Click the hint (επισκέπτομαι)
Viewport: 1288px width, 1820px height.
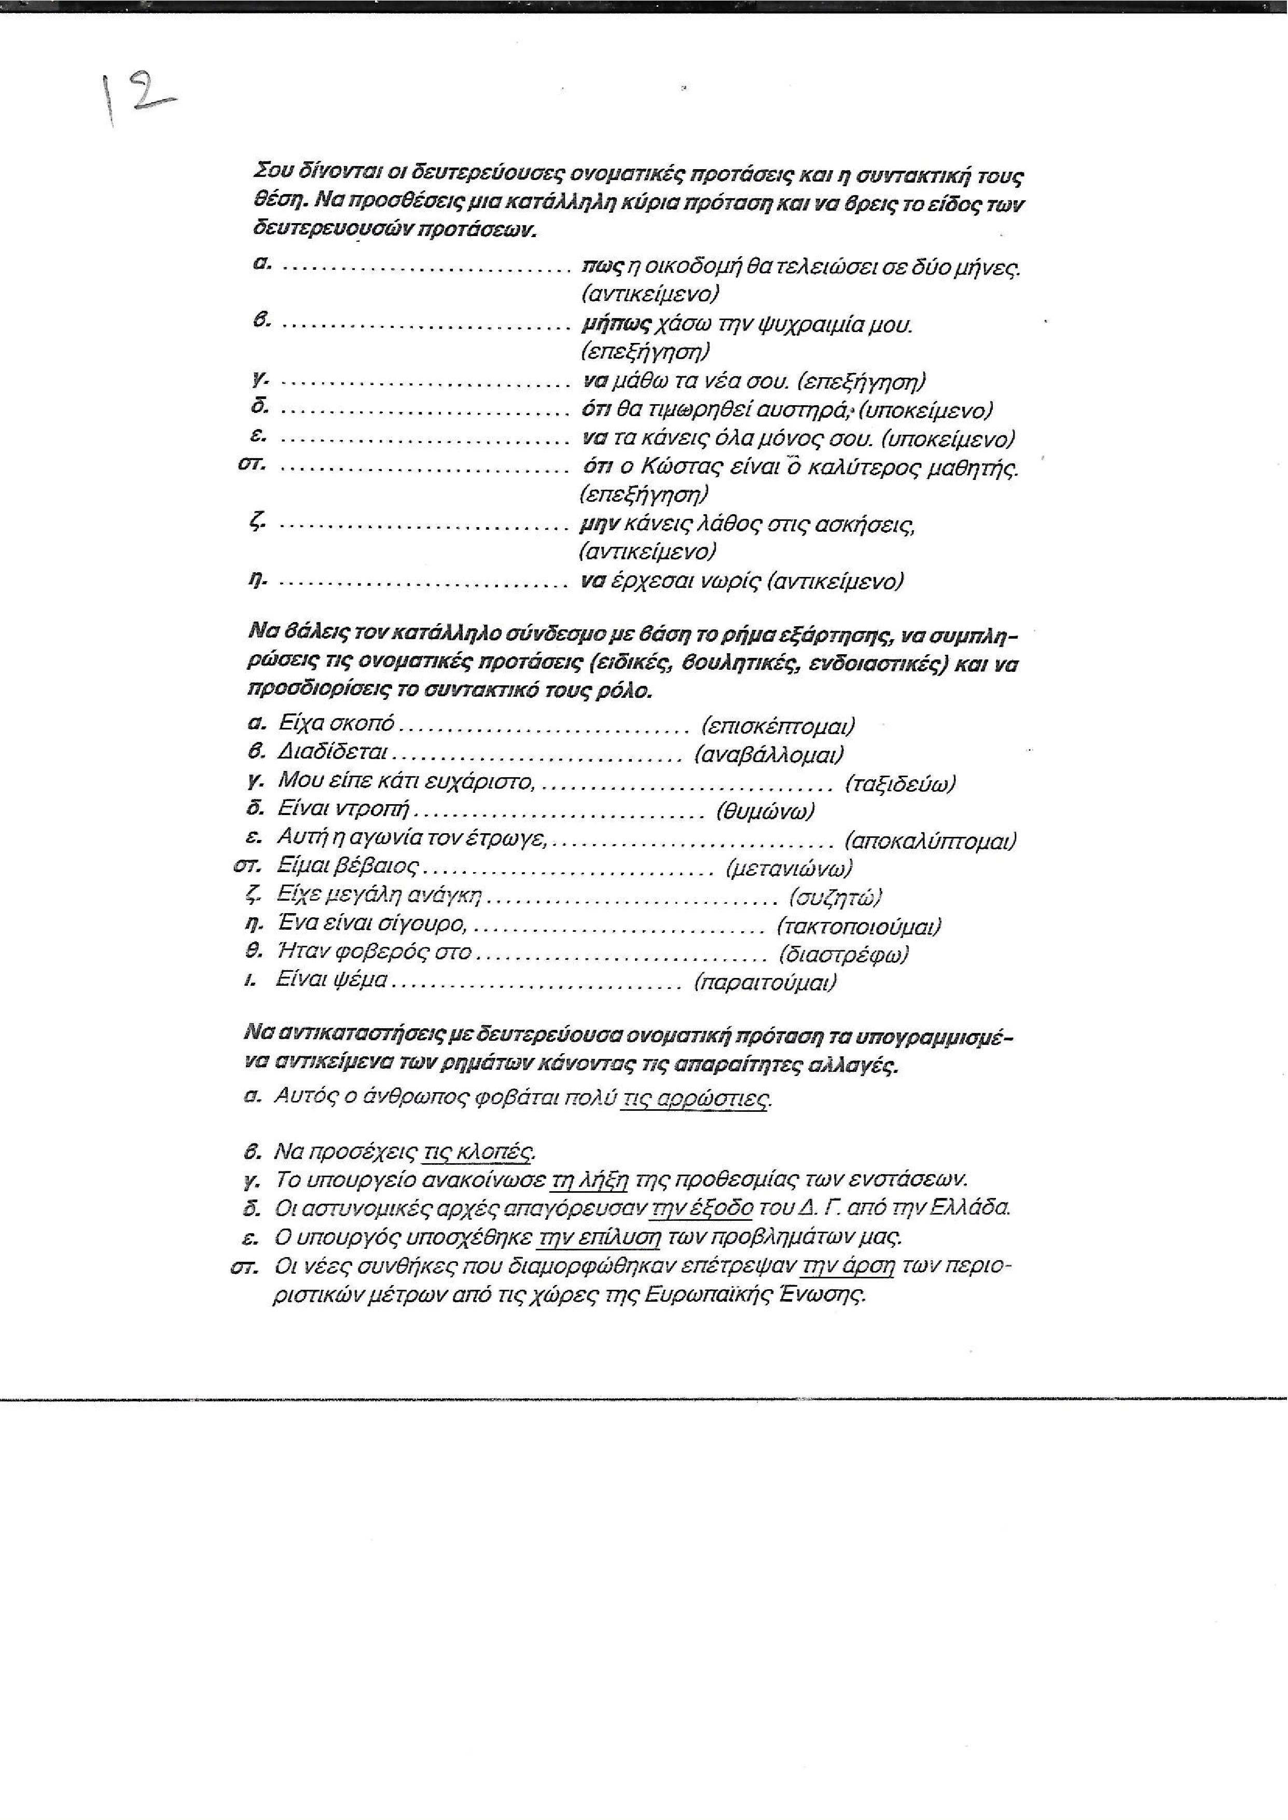pos(778,725)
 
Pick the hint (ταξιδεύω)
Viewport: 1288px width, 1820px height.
pos(900,783)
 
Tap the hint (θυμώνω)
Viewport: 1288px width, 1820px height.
pos(765,811)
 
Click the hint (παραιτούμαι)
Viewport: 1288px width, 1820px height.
pos(765,983)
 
